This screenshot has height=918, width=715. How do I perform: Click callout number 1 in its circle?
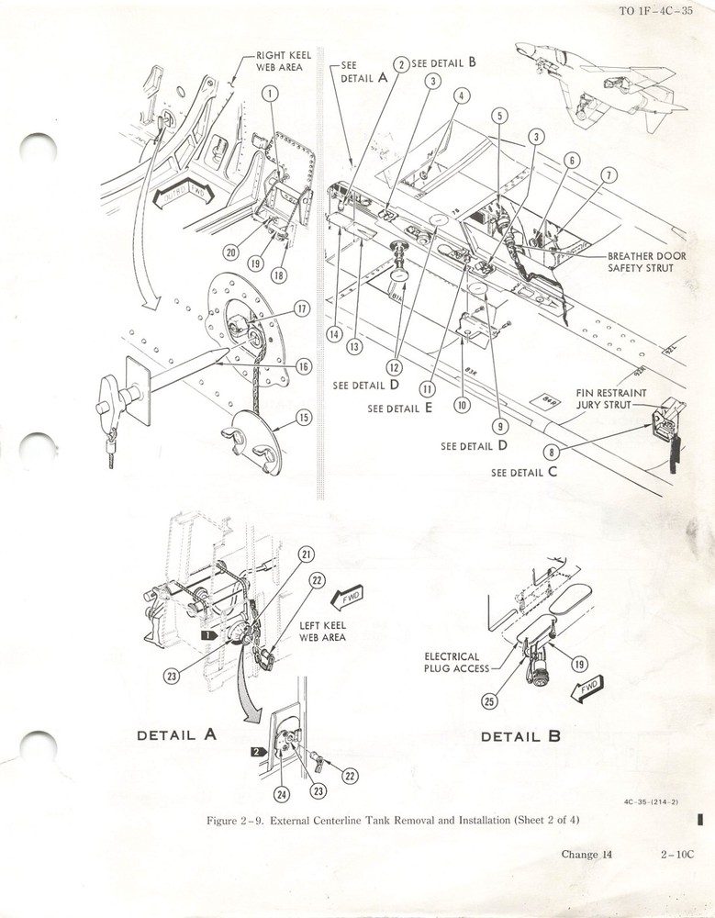point(270,93)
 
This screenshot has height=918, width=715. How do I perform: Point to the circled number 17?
point(301,308)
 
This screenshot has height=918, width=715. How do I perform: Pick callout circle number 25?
point(489,702)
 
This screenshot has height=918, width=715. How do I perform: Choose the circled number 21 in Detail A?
point(306,554)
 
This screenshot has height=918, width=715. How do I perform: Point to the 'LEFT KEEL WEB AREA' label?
point(322,632)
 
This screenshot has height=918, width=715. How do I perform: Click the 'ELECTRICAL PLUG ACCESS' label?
point(452,662)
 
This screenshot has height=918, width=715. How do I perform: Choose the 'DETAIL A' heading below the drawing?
point(177,734)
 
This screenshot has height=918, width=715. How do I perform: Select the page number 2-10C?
point(679,855)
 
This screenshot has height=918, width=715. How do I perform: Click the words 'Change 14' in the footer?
point(587,855)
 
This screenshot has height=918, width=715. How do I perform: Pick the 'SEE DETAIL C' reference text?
point(524,473)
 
